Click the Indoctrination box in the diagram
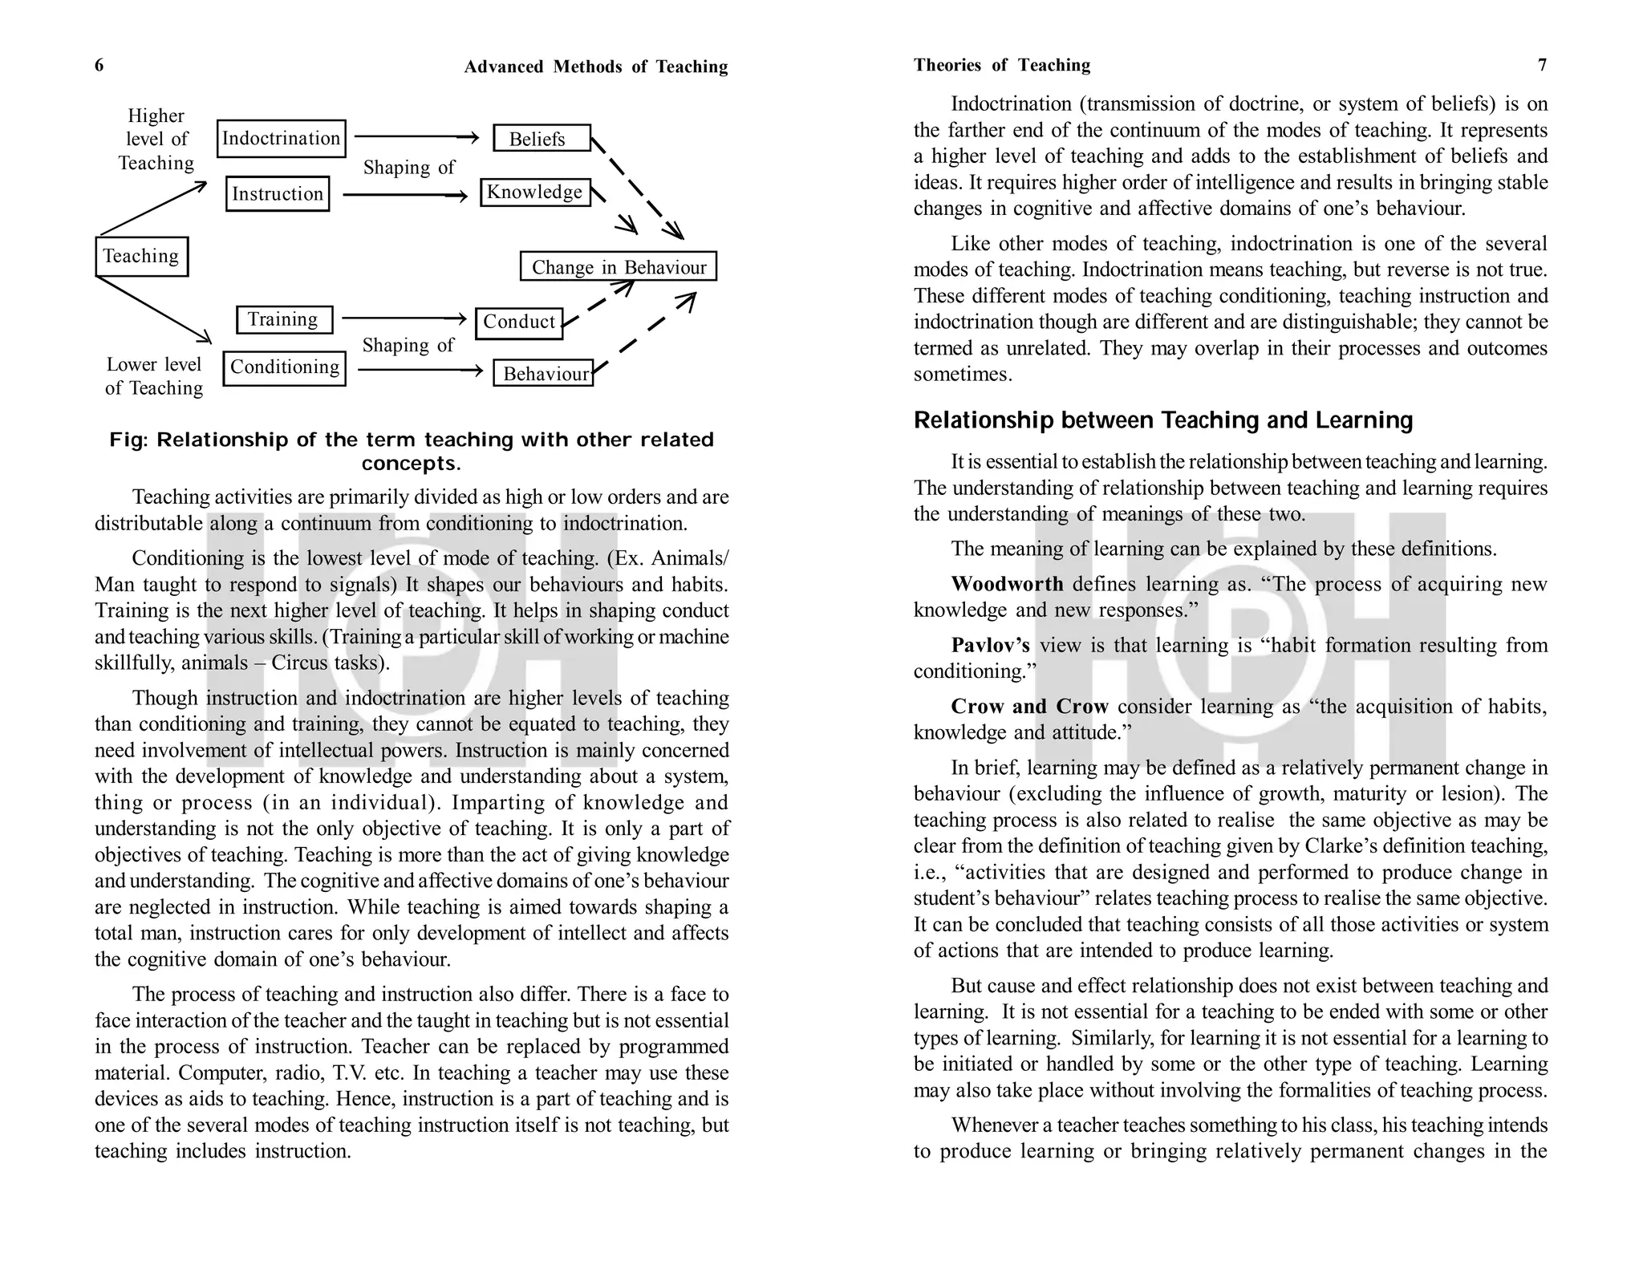pos(281,139)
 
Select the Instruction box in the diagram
pos(278,194)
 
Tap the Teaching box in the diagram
pos(141,257)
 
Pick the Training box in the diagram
pos(284,319)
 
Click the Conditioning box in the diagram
pos(284,368)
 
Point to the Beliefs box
pos(542,139)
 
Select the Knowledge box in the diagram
pos(535,193)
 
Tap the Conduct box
pos(519,322)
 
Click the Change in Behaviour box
pos(618,267)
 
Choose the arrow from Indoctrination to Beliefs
pos(416,138)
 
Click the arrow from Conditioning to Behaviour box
pos(420,370)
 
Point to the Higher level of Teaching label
pos(156,140)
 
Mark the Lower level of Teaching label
pos(154,376)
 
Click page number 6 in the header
pos(99,65)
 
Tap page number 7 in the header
pos(1542,65)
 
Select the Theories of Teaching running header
pos(1001,65)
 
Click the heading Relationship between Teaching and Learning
pos(1162,420)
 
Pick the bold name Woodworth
pos(1007,584)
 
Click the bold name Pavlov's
pos(990,645)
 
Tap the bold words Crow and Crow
pos(1029,707)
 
